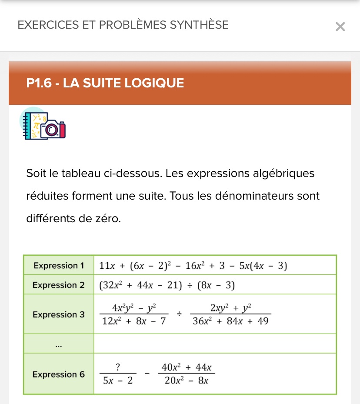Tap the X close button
coord(340,27)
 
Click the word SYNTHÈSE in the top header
coord(199,25)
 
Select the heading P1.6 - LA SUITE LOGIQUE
coord(105,83)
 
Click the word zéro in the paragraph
coord(108,218)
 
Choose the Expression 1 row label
coord(59,265)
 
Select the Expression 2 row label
coord(59,285)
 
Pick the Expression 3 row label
coord(59,314)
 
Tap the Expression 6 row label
coord(59,374)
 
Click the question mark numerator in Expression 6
coord(118,367)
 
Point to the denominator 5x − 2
coord(118,381)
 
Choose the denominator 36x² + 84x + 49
coord(231,321)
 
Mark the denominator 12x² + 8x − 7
coord(134,321)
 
